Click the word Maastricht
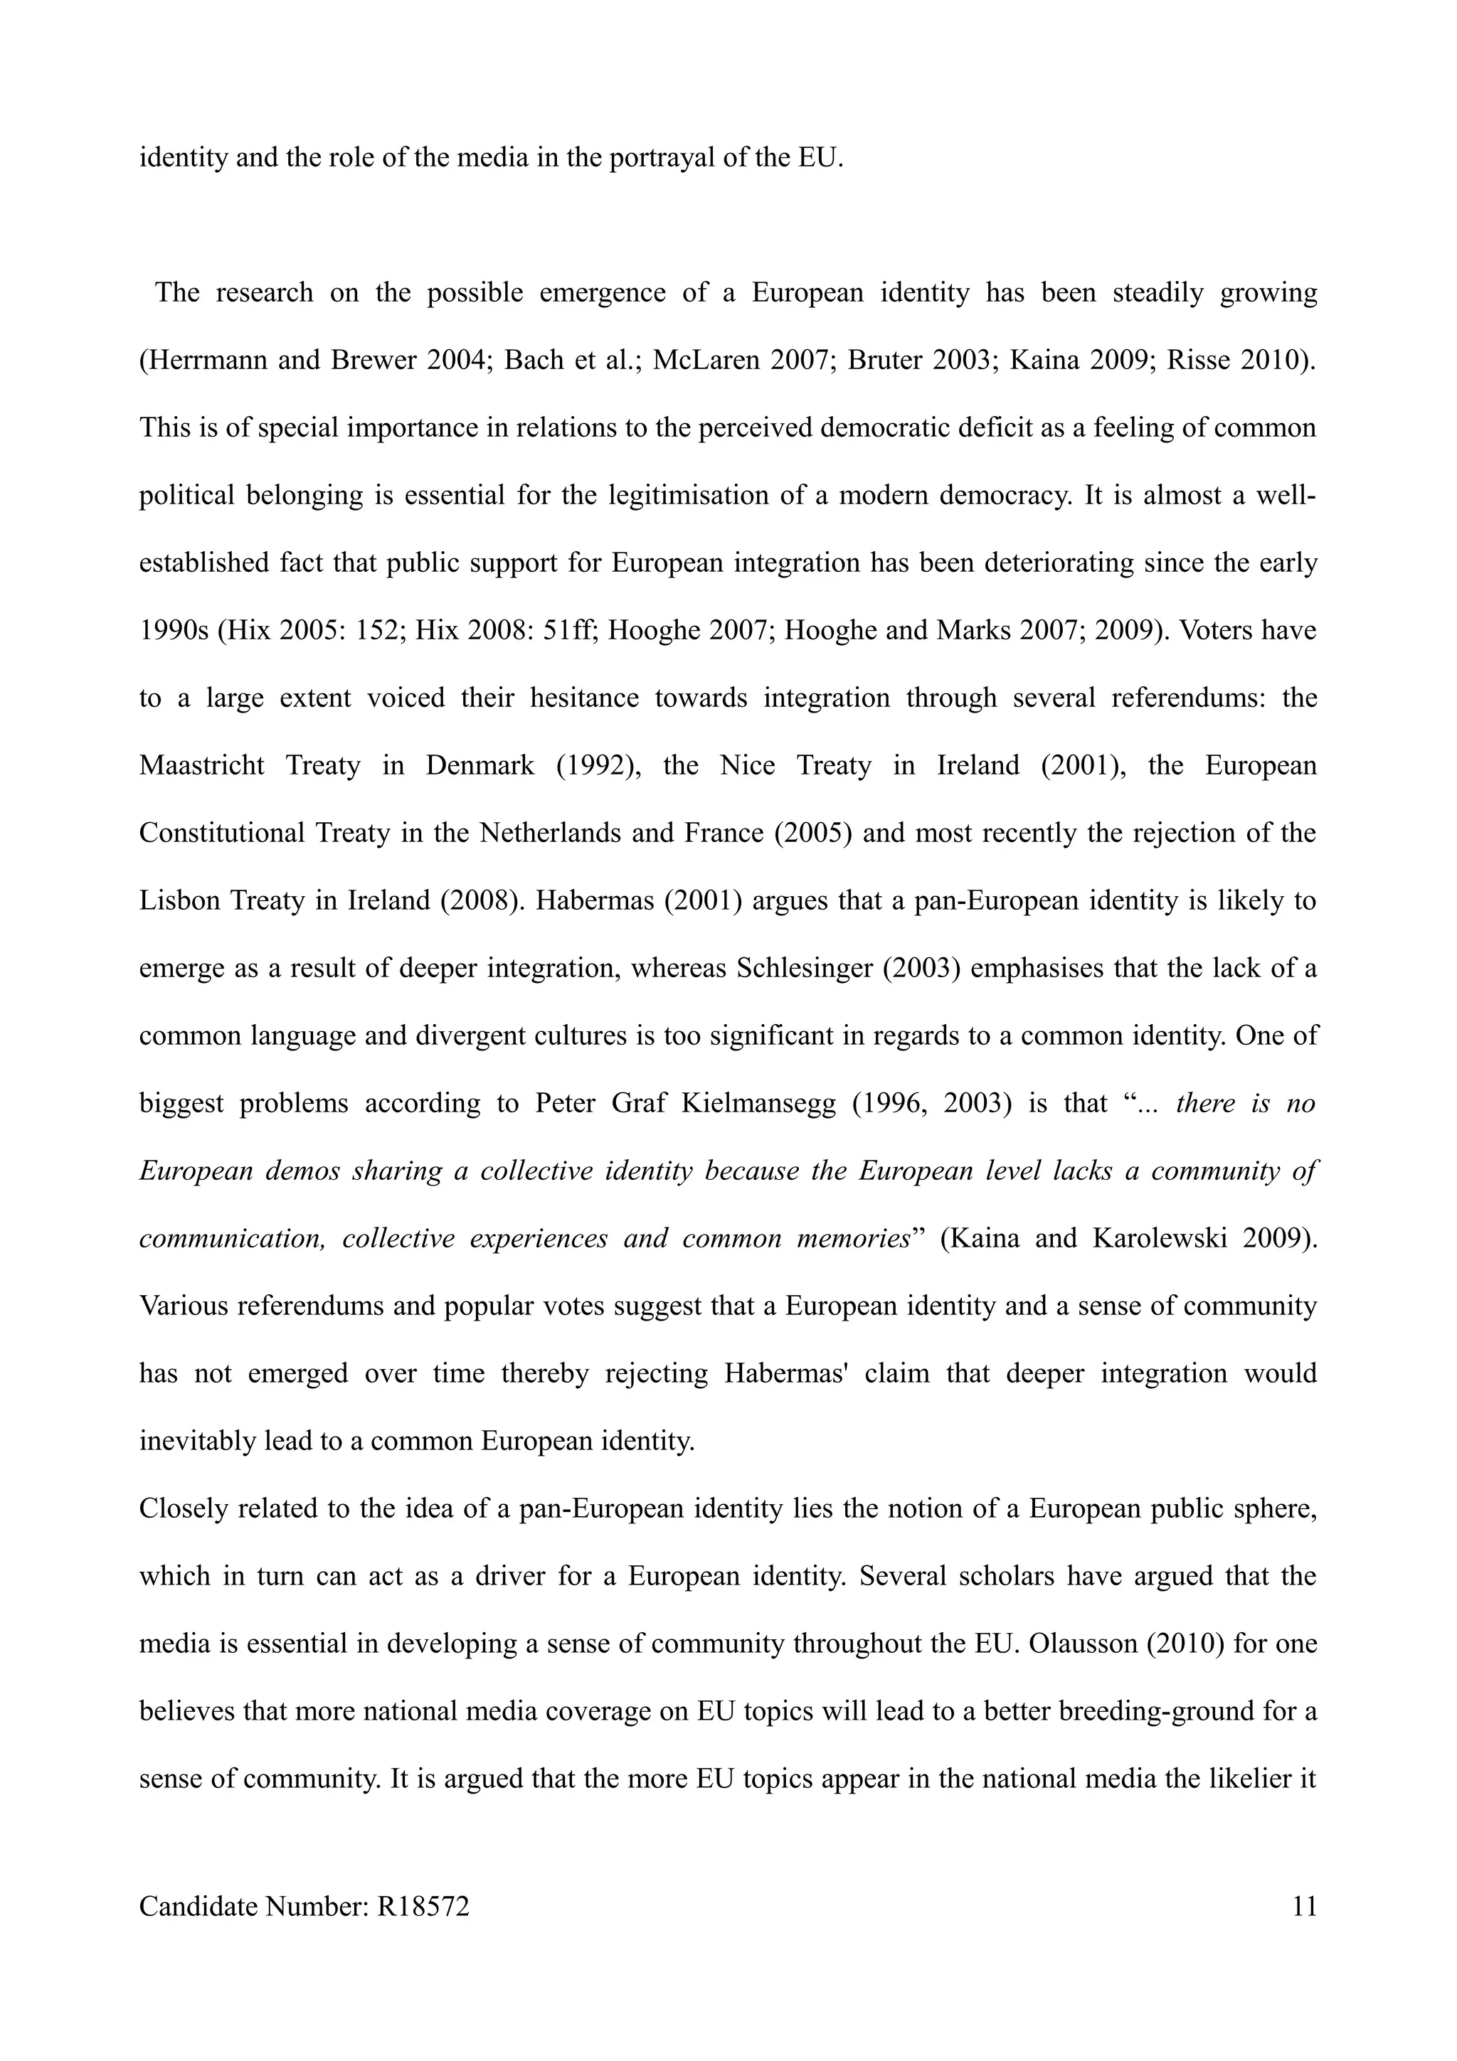[x=202, y=766]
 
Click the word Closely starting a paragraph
[x=183, y=1509]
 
